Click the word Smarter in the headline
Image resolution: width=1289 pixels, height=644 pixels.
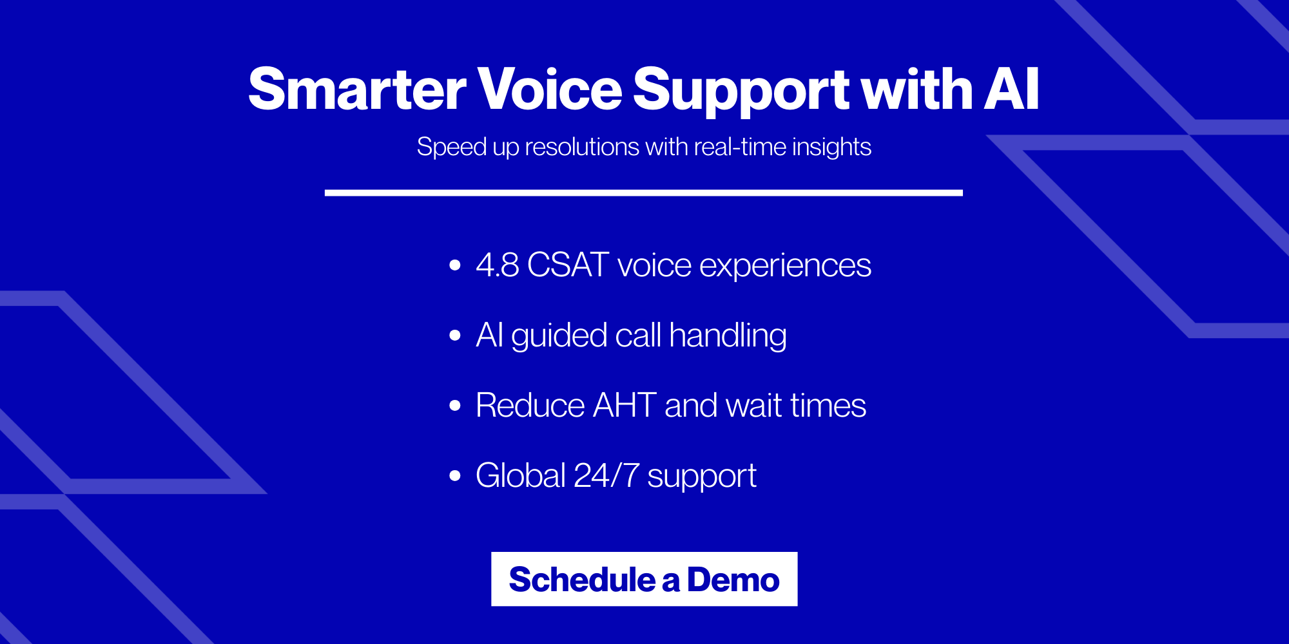tap(356, 89)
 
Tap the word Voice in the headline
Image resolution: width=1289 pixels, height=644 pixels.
tap(549, 89)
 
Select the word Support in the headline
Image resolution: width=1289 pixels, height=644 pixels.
tap(741, 89)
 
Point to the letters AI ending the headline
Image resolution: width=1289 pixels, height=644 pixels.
tap(1011, 89)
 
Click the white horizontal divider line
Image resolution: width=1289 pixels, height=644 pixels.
tap(643, 193)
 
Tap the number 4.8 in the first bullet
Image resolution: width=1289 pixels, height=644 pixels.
tap(497, 265)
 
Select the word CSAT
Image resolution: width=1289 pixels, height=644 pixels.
tap(568, 265)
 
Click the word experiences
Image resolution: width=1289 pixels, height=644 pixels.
tap(785, 265)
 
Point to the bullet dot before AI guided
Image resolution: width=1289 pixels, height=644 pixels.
tap(455, 335)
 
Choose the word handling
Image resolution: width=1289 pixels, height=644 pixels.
tap(728, 335)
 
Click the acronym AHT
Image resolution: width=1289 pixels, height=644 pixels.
tap(624, 405)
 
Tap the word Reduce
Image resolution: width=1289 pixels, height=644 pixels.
tap(530, 405)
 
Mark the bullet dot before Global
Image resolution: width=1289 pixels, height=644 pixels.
tap(455, 476)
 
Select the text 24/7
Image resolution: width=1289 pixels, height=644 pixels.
tap(606, 476)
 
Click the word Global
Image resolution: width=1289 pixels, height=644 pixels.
tap(521, 476)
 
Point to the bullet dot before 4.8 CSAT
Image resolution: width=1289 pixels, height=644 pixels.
tap(455, 265)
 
